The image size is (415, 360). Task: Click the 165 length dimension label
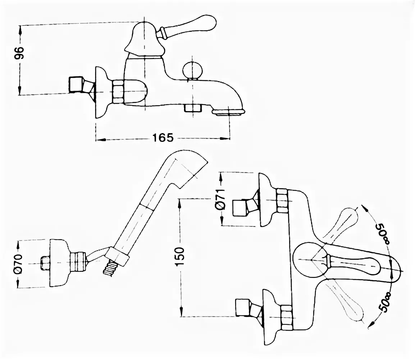pos(163,138)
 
